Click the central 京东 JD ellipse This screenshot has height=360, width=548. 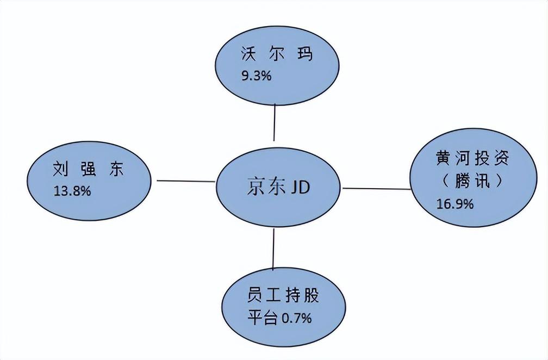pyautogui.click(x=278, y=188)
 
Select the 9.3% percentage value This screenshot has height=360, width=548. pyautogui.click(x=256, y=76)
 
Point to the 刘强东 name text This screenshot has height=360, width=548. pyautogui.click(x=88, y=169)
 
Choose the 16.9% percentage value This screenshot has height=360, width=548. pyautogui.click(x=455, y=204)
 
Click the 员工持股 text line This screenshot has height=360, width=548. pyautogui.click(x=282, y=296)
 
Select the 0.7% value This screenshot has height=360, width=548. pyautogui.click(x=296, y=318)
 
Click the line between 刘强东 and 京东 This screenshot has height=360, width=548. pyautogui.click(x=185, y=181)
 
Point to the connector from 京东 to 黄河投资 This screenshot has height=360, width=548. pyautogui.click(x=376, y=188)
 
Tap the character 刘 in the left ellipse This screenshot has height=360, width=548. pyautogui.click(x=60, y=169)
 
